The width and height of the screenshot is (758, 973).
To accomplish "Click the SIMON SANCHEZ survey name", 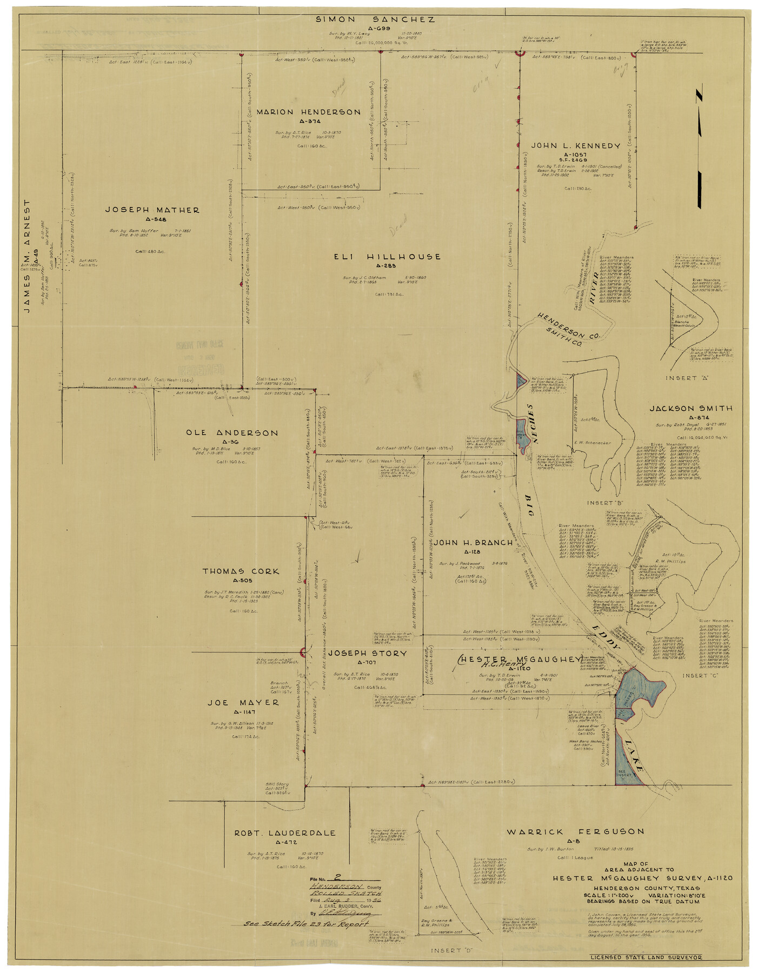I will point(375,20).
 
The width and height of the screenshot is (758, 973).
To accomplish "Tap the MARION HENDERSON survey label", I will point(308,112).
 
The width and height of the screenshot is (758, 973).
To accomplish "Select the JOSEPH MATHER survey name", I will point(152,210).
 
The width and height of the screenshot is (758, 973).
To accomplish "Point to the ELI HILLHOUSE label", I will point(387,257).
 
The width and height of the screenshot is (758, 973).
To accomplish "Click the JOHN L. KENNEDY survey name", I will point(575,146).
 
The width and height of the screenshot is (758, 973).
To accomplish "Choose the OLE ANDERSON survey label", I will point(232,433).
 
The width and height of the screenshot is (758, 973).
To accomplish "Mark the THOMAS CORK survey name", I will point(241,571).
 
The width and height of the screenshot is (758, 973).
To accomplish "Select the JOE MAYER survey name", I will point(243,703).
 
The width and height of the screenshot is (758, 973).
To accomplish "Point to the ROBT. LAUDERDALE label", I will point(284,834).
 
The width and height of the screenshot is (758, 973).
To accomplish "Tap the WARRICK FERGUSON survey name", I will point(575,832).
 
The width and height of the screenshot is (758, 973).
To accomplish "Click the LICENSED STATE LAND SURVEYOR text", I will point(646,957).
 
